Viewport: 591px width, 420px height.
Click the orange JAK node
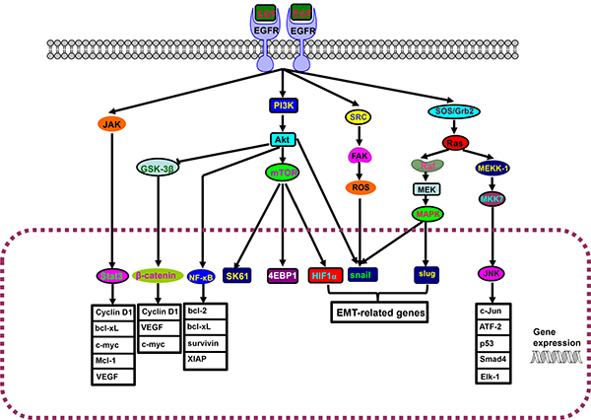[x=113, y=124]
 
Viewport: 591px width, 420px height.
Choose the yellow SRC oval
[x=359, y=117]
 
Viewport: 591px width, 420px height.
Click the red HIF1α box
[x=326, y=276]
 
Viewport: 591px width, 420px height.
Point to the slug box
[x=427, y=276]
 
